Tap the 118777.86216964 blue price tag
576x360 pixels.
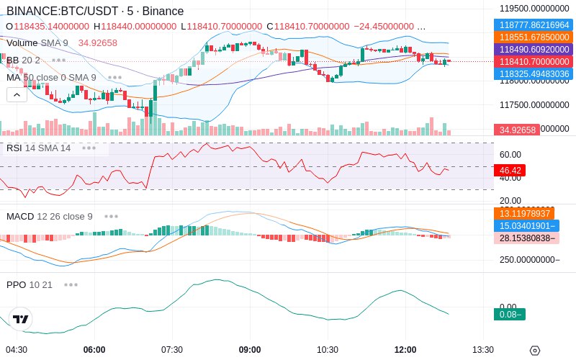[x=534, y=24]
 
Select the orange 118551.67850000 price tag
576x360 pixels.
[x=534, y=37]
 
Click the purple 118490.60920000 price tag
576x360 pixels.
[x=534, y=49]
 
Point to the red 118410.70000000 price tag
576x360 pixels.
[x=534, y=61]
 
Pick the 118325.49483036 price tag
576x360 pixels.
[x=534, y=73]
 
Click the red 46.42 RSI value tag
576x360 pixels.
[x=510, y=171]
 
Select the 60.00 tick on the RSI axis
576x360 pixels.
[x=510, y=154]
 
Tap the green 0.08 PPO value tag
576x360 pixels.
[x=509, y=314]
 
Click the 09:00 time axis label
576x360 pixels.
[x=250, y=349]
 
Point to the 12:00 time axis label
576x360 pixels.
[x=405, y=349]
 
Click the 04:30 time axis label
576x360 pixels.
[x=17, y=349]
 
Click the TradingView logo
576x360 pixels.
[x=21, y=319]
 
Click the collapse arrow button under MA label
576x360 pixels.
[x=17, y=94]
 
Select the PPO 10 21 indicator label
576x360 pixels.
[x=30, y=284]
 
